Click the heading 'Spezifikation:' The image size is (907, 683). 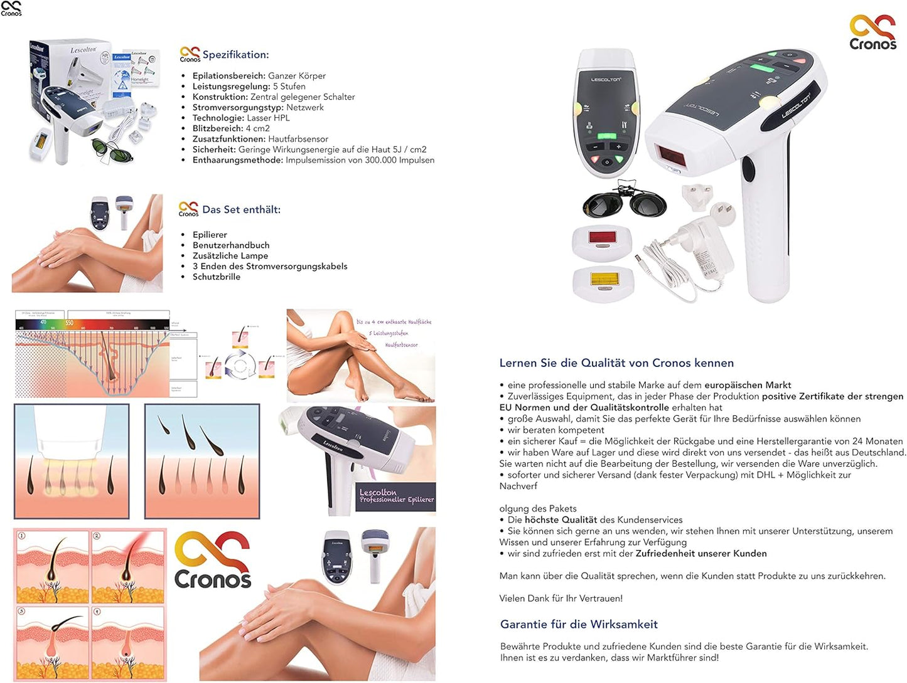coord(235,55)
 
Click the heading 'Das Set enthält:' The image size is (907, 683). coord(241,209)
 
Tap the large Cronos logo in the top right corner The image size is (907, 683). coord(872,33)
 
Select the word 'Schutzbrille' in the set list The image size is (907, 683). coord(217,277)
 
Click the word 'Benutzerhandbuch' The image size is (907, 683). coord(231,245)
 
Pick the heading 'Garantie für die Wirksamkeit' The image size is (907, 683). coord(579,624)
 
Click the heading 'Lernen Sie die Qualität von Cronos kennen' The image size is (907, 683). coord(616,363)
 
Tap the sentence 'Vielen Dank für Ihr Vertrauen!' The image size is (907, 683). coord(561,598)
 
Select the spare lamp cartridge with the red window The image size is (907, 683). coord(602,241)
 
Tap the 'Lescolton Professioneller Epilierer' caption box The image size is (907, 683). coord(395,496)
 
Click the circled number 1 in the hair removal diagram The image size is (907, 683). coord(21,536)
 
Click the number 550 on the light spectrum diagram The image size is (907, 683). coord(69,323)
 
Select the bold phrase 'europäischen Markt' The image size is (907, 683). coord(748,385)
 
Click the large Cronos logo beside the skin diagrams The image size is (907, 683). coord(213,560)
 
